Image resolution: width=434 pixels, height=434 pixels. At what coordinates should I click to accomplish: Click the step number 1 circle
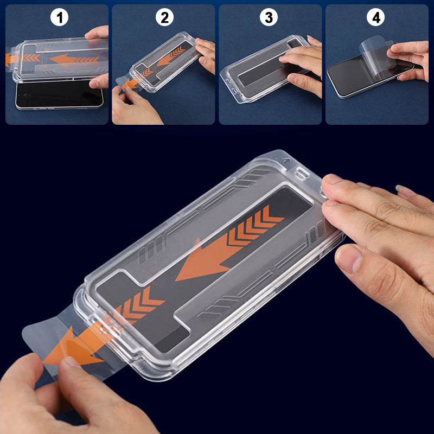[60, 17]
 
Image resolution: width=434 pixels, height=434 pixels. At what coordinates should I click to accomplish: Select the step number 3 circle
[268, 17]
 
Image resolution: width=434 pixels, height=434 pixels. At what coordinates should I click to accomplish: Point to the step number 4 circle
[374, 17]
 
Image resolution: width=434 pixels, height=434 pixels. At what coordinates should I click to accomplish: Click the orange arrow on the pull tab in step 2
[129, 83]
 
